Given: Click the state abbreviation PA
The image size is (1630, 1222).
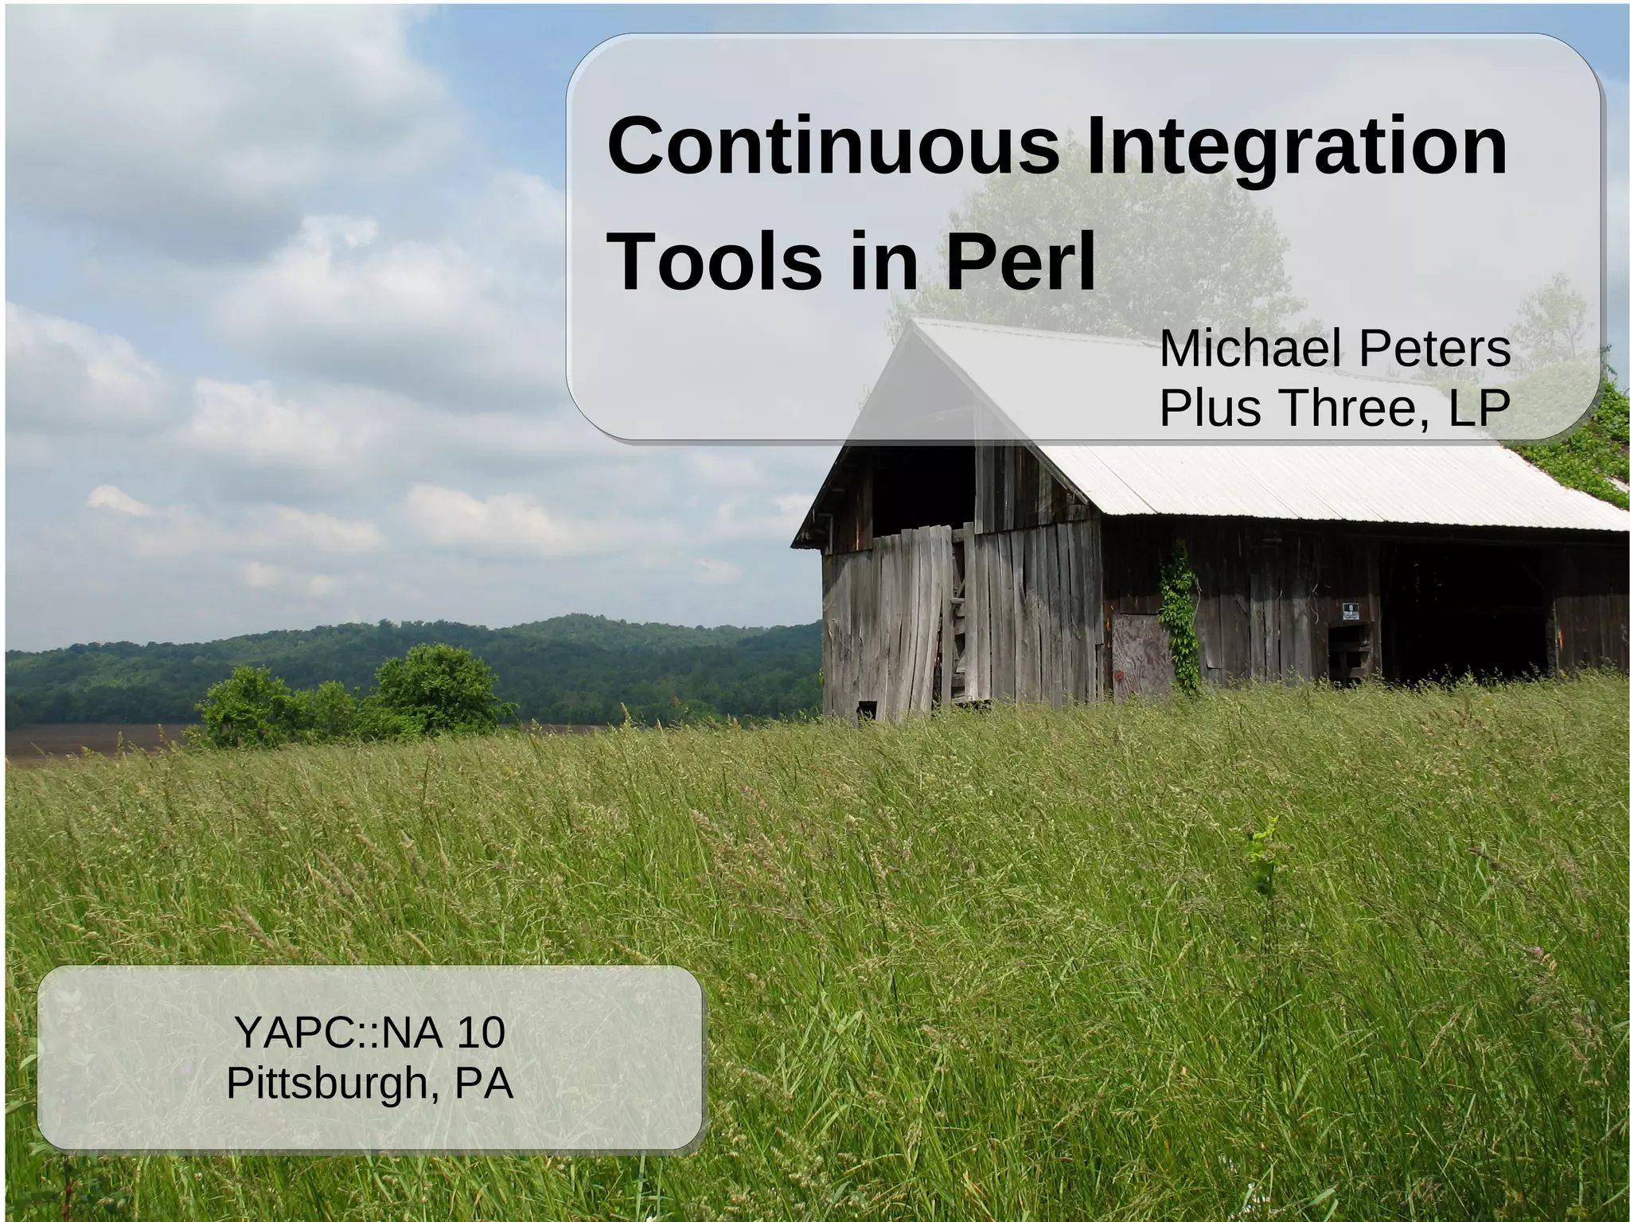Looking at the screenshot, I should click(x=484, y=1083).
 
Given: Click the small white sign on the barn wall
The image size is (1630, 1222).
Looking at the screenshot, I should click(x=1351, y=611).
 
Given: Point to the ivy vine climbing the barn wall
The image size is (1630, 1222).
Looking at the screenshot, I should click(x=1179, y=613).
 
